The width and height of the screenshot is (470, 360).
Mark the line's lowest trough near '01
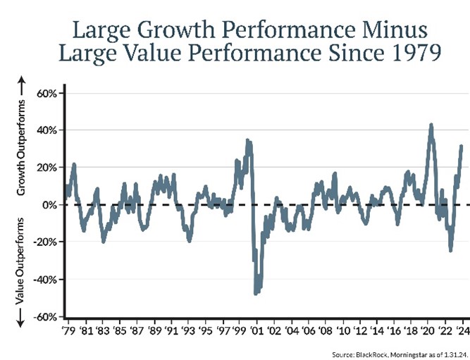click(256, 293)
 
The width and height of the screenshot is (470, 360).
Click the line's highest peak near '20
click(431, 125)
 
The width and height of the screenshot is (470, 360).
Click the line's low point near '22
click(450, 250)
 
